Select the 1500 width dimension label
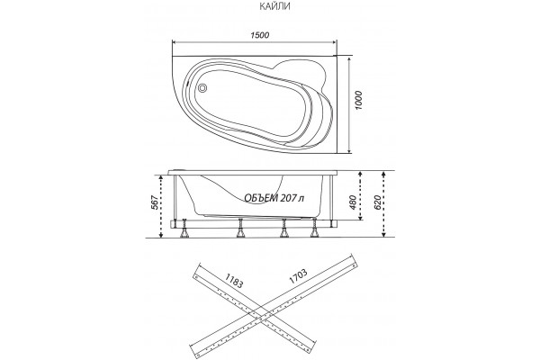(x=260, y=35)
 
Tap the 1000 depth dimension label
(x=358, y=100)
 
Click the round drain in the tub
(x=202, y=88)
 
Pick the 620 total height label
(x=377, y=202)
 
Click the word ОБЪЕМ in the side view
(x=261, y=198)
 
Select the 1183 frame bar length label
(x=234, y=281)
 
